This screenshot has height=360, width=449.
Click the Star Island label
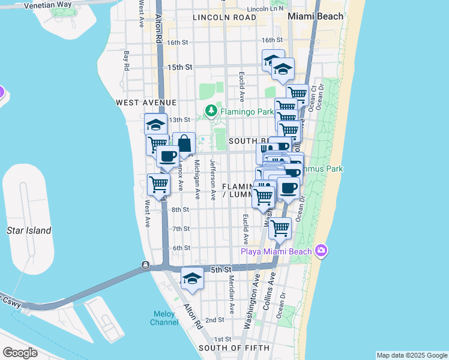pos(29,230)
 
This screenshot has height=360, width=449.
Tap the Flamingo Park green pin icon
pos(211,111)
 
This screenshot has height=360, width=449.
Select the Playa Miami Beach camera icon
pos(321,250)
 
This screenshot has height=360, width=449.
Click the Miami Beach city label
pos(315,16)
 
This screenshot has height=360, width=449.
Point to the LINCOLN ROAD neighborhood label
pos(224,18)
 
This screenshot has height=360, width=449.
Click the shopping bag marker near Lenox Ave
pos(184,144)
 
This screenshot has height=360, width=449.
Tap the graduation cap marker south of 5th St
pos(191,278)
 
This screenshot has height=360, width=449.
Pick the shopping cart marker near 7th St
pos(280,228)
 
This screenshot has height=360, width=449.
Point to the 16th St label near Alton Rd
pos(178,43)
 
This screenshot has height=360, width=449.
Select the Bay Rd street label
pos(127,61)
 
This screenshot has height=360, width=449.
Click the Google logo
pos(20,353)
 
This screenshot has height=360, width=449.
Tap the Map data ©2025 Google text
pos(412,355)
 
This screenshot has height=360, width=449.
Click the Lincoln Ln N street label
pos(265,10)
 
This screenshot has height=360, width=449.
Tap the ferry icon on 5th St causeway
pos(145,265)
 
